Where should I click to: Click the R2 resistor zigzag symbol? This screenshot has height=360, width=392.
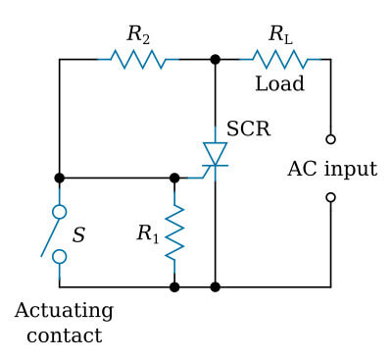[x=137, y=60]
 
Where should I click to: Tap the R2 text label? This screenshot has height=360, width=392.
[x=137, y=34]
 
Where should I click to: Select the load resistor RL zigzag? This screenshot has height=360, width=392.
[x=279, y=60]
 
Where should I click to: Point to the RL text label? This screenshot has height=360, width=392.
[x=280, y=34]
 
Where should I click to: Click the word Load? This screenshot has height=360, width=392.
[x=279, y=84]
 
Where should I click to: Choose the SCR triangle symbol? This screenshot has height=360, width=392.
[x=215, y=154]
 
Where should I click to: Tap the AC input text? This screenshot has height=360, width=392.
[x=331, y=169]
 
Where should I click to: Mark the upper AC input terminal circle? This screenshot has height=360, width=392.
[x=330, y=139]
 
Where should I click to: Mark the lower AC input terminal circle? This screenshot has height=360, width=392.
[x=330, y=197]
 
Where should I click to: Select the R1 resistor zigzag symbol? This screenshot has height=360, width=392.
[x=174, y=232]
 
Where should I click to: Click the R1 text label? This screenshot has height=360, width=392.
[x=147, y=233]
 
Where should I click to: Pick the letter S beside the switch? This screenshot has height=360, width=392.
[x=79, y=234]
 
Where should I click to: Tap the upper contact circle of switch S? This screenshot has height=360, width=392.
[x=60, y=211]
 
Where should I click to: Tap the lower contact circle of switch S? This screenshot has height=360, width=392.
[x=60, y=256]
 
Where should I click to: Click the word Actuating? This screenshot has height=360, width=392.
[x=64, y=311]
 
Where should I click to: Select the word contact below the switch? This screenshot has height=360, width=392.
[x=64, y=335]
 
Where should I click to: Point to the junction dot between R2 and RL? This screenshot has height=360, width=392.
[x=215, y=60]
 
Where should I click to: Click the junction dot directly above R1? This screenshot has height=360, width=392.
[x=174, y=179]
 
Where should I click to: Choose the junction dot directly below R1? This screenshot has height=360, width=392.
[x=174, y=286]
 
